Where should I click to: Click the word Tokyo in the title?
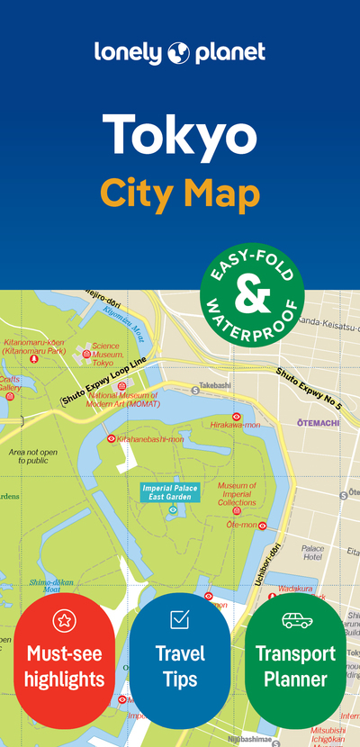point(179,134)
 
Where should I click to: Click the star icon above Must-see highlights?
point(64,619)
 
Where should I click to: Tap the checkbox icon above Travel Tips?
point(179,619)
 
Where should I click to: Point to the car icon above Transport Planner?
point(296,619)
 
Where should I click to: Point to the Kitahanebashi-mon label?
point(150,439)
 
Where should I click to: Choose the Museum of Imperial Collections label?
point(237,494)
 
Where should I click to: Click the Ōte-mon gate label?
point(241,524)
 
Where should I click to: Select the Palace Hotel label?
point(313,553)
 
